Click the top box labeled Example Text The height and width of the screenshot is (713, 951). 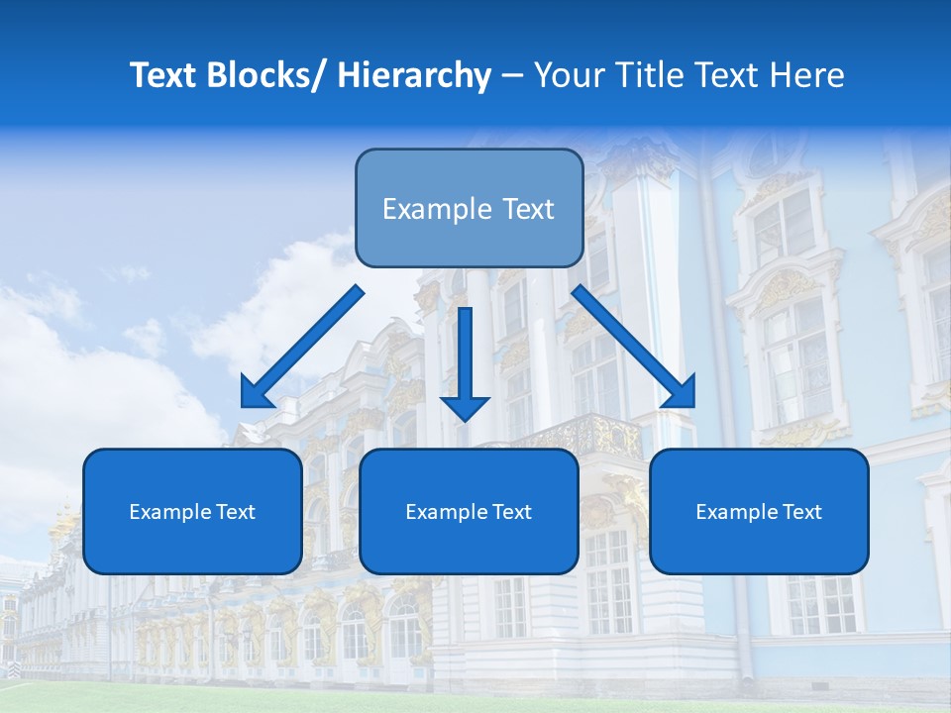pyautogui.click(x=469, y=208)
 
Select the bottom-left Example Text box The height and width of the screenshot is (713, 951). pyautogui.click(x=192, y=511)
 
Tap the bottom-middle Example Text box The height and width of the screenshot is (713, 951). pyautogui.click(x=469, y=511)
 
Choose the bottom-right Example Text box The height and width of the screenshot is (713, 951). pyautogui.click(x=759, y=511)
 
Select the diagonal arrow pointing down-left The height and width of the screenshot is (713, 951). pyautogui.click(x=302, y=347)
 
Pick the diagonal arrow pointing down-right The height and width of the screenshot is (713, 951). pyautogui.click(x=634, y=347)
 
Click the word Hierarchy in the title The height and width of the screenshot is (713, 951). pyautogui.click(x=414, y=75)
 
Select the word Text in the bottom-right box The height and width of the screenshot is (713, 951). pyautogui.click(x=800, y=511)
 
